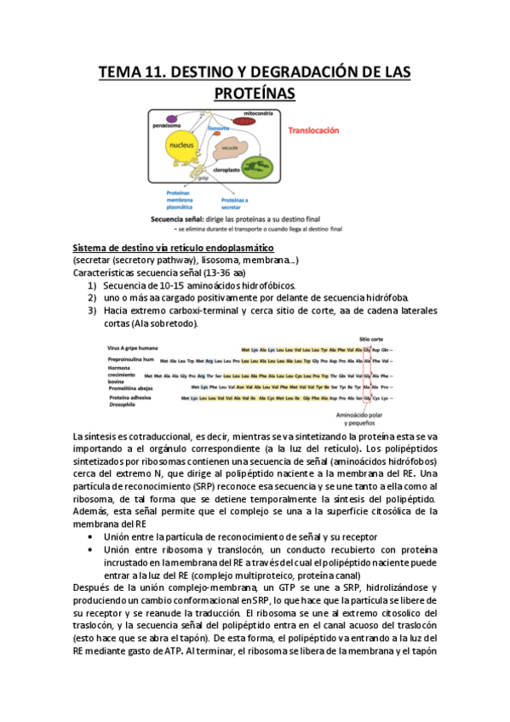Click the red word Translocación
tap(313, 131)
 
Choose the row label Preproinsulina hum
tap(130, 361)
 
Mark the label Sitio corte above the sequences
tap(370, 337)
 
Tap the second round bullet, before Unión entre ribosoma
tap(90, 550)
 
